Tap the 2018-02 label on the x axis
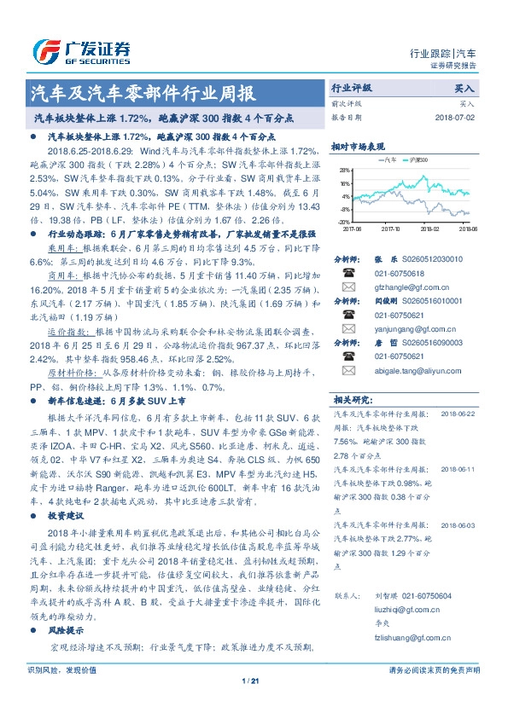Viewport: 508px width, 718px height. [429, 229]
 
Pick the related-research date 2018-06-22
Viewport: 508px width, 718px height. [458, 412]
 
